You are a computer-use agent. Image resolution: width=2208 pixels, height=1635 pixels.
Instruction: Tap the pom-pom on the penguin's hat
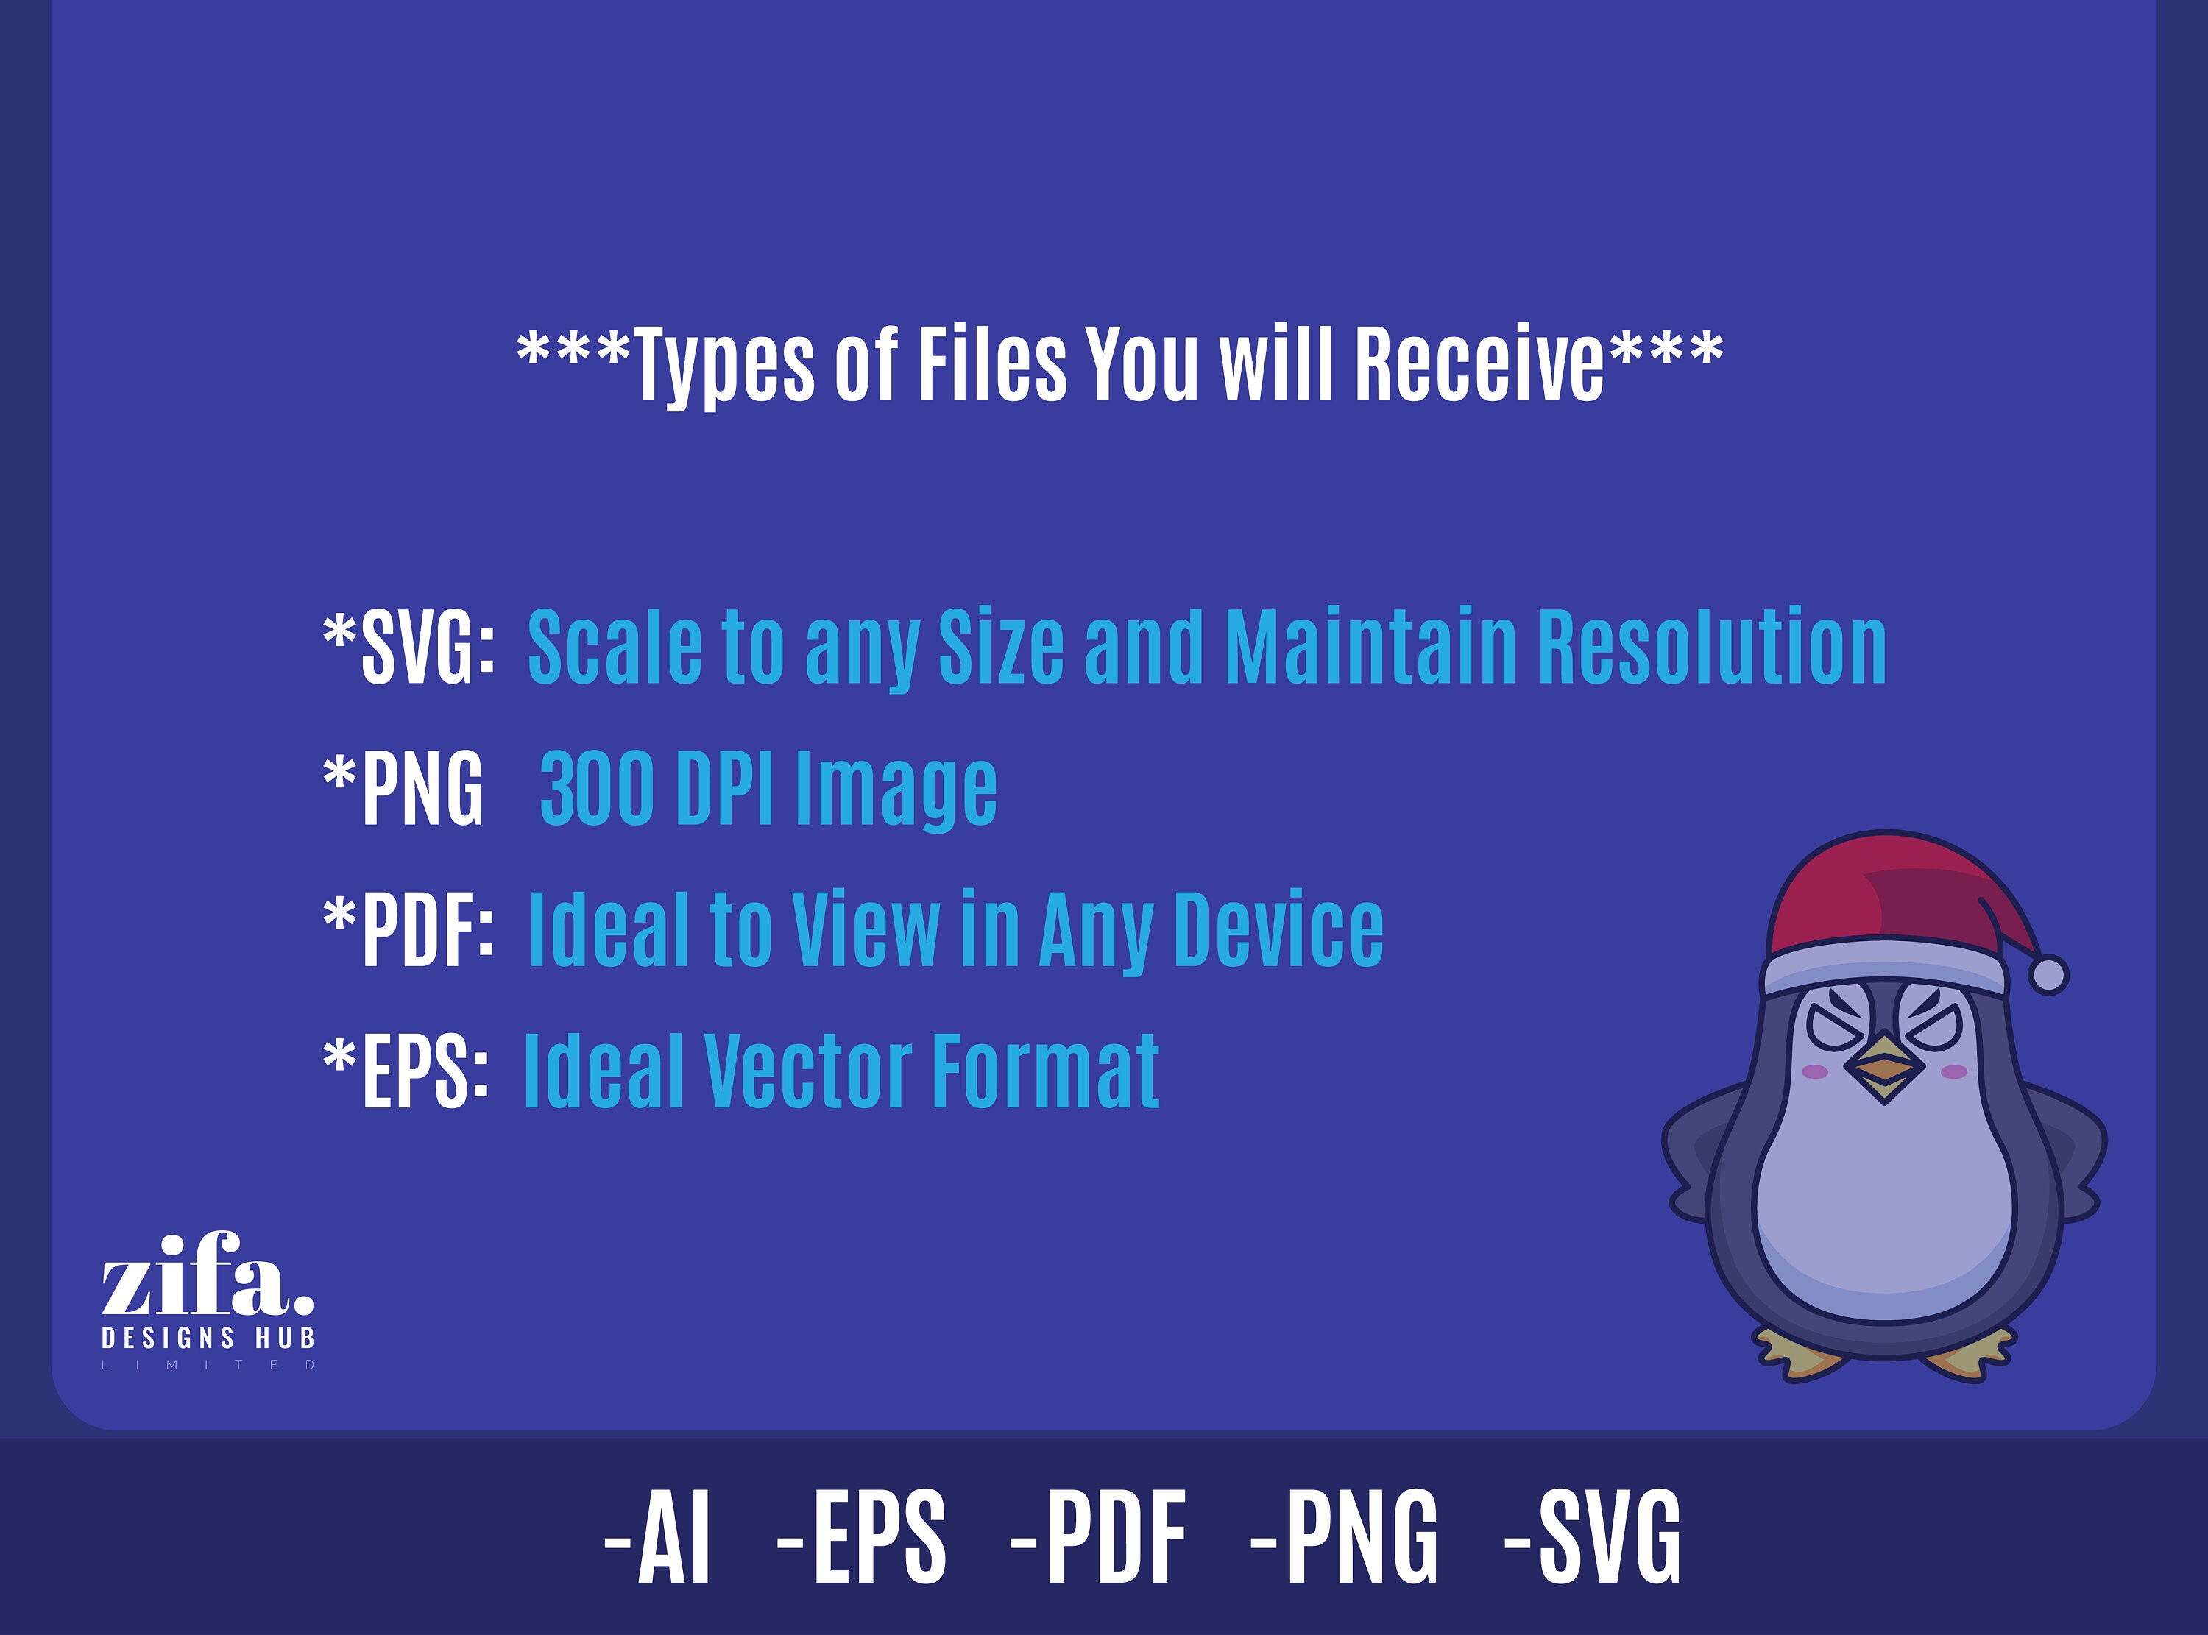pos(2048,975)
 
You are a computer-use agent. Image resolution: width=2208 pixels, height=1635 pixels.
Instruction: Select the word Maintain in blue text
pos(1370,648)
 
